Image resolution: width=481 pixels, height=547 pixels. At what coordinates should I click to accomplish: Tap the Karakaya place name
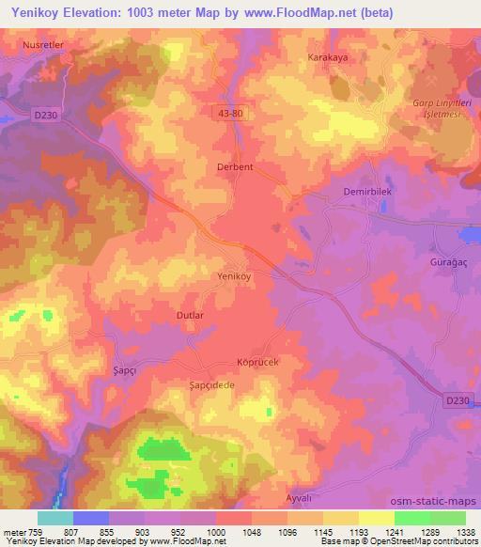pos(328,57)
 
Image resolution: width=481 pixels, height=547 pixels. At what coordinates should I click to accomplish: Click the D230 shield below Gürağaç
pos(456,400)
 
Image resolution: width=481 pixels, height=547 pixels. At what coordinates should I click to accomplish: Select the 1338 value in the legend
pos(466,532)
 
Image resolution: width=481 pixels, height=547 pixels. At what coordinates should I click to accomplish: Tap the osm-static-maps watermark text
pos(441,503)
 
